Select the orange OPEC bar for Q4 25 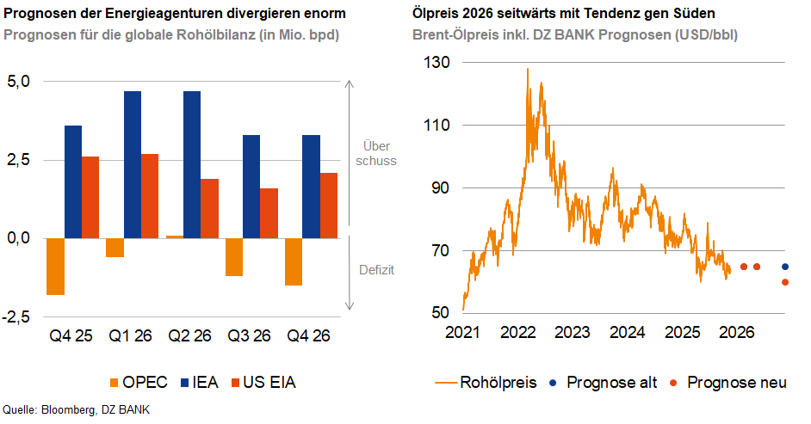point(55,267)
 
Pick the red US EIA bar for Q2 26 point(209,208)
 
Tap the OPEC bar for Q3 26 point(233,257)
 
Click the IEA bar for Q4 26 point(311,187)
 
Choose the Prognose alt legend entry point(606,382)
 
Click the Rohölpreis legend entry point(486,382)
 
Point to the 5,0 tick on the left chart point(19,82)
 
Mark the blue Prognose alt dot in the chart point(785,267)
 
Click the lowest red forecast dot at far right point(785,282)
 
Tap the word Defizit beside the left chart point(376,269)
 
